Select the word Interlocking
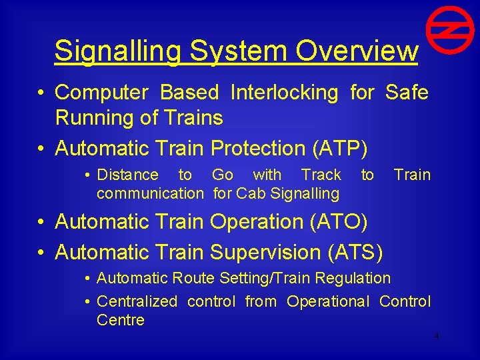(284, 93)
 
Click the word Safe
(407, 93)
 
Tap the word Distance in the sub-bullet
(128, 175)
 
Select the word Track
(321, 175)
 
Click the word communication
(150, 194)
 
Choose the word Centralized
(137, 301)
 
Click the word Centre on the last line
(121, 320)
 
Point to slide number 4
(437, 336)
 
